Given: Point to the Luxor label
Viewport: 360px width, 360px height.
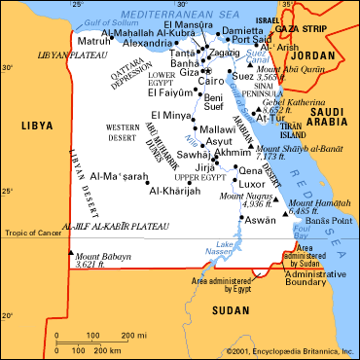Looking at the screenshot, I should [x=252, y=184].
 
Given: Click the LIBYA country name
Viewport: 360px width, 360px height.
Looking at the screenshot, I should [x=35, y=126].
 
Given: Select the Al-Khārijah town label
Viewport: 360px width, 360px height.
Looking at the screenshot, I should [x=173, y=191].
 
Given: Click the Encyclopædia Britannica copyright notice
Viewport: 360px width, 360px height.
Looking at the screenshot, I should [x=289, y=351].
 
